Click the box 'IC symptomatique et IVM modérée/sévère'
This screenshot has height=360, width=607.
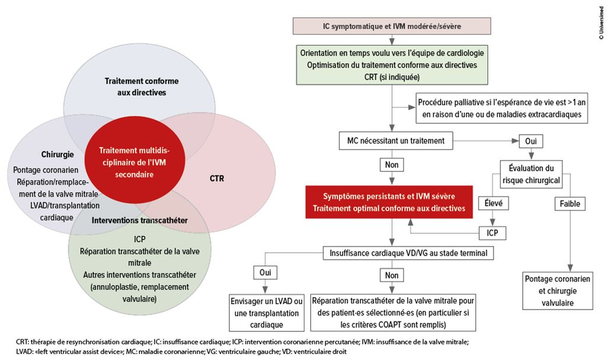[392, 26]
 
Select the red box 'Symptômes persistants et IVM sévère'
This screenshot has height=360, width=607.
[389, 202]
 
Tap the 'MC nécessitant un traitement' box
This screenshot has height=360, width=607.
[395, 141]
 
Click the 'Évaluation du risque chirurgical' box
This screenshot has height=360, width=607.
[531, 174]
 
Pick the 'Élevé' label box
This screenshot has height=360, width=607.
[494, 203]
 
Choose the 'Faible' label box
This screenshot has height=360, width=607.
[570, 203]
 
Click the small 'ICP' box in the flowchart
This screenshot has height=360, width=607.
[493, 233]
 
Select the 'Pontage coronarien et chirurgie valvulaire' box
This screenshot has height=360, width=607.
[557, 291]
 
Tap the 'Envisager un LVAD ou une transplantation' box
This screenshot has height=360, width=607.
[267, 313]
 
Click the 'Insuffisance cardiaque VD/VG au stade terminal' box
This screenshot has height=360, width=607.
[408, 253]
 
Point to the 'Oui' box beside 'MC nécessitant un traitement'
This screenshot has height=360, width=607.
[531, 141]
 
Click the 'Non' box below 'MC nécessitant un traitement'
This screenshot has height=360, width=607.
[392, 165]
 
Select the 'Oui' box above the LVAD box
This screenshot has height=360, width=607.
[265, 272]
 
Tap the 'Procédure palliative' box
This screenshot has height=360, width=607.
[501, 108]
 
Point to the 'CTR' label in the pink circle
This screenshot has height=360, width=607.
[217, 179]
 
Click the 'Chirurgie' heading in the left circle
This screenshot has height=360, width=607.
[57, 154]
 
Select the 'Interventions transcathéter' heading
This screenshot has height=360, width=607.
[140, 220]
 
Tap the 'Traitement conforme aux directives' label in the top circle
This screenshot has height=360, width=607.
[142, 87]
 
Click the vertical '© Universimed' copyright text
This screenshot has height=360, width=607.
[601, 23]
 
